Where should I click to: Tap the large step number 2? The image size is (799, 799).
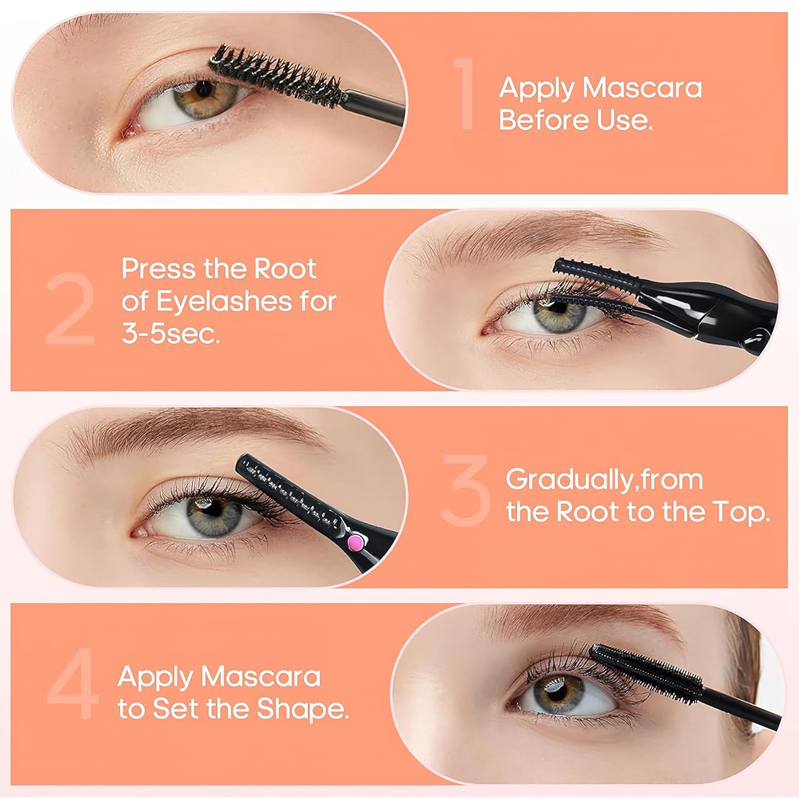point(70,309)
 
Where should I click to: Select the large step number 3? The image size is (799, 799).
point(466,490)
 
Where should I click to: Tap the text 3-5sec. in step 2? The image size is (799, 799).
point(171,334)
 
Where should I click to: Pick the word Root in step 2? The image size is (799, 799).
point(285,269)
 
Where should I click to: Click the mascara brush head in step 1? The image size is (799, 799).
point(277,75)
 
